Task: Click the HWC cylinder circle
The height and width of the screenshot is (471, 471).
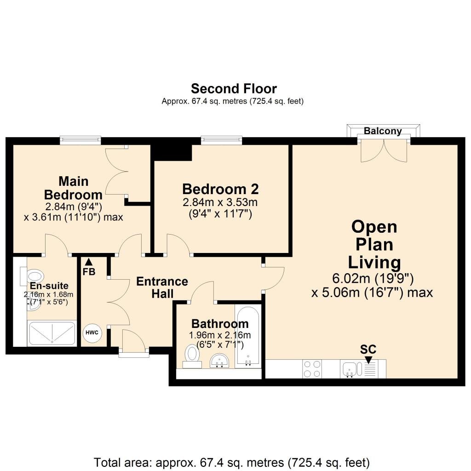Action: click(x=92, y=333)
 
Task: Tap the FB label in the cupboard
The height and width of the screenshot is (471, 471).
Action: click(x=89, y=271)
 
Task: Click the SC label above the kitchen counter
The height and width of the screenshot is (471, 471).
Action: click(x=368, y=350)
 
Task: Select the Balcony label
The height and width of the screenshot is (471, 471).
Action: click(x=383, y=131)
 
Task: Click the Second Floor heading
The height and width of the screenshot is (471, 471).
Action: click(x=234, y=89)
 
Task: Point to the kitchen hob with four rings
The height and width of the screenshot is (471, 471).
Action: click(x=312, y=369)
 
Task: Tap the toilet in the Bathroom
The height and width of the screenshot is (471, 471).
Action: click(x=192, y=356)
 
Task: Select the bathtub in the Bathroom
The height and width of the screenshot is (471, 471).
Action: click(x=247, y=336)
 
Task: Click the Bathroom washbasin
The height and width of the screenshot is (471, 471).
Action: click(x=219, y=361)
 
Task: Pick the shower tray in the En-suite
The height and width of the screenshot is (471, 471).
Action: click(x=52, y=333)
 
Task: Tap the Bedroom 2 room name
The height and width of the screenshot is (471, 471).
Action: click(x=220, y=189)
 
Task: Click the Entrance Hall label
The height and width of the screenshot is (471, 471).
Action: click(x=162, y=287)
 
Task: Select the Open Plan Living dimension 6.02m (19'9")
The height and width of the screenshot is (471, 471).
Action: click(x=373, y=278)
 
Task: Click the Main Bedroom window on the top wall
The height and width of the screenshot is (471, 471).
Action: click(x=80, y=140)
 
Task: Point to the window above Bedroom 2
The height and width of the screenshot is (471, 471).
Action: click(x=221, y=140)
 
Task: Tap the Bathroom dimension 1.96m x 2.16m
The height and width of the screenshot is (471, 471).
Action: click(x=220, y=335)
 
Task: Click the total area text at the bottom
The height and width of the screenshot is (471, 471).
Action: click(x=232, y=463)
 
